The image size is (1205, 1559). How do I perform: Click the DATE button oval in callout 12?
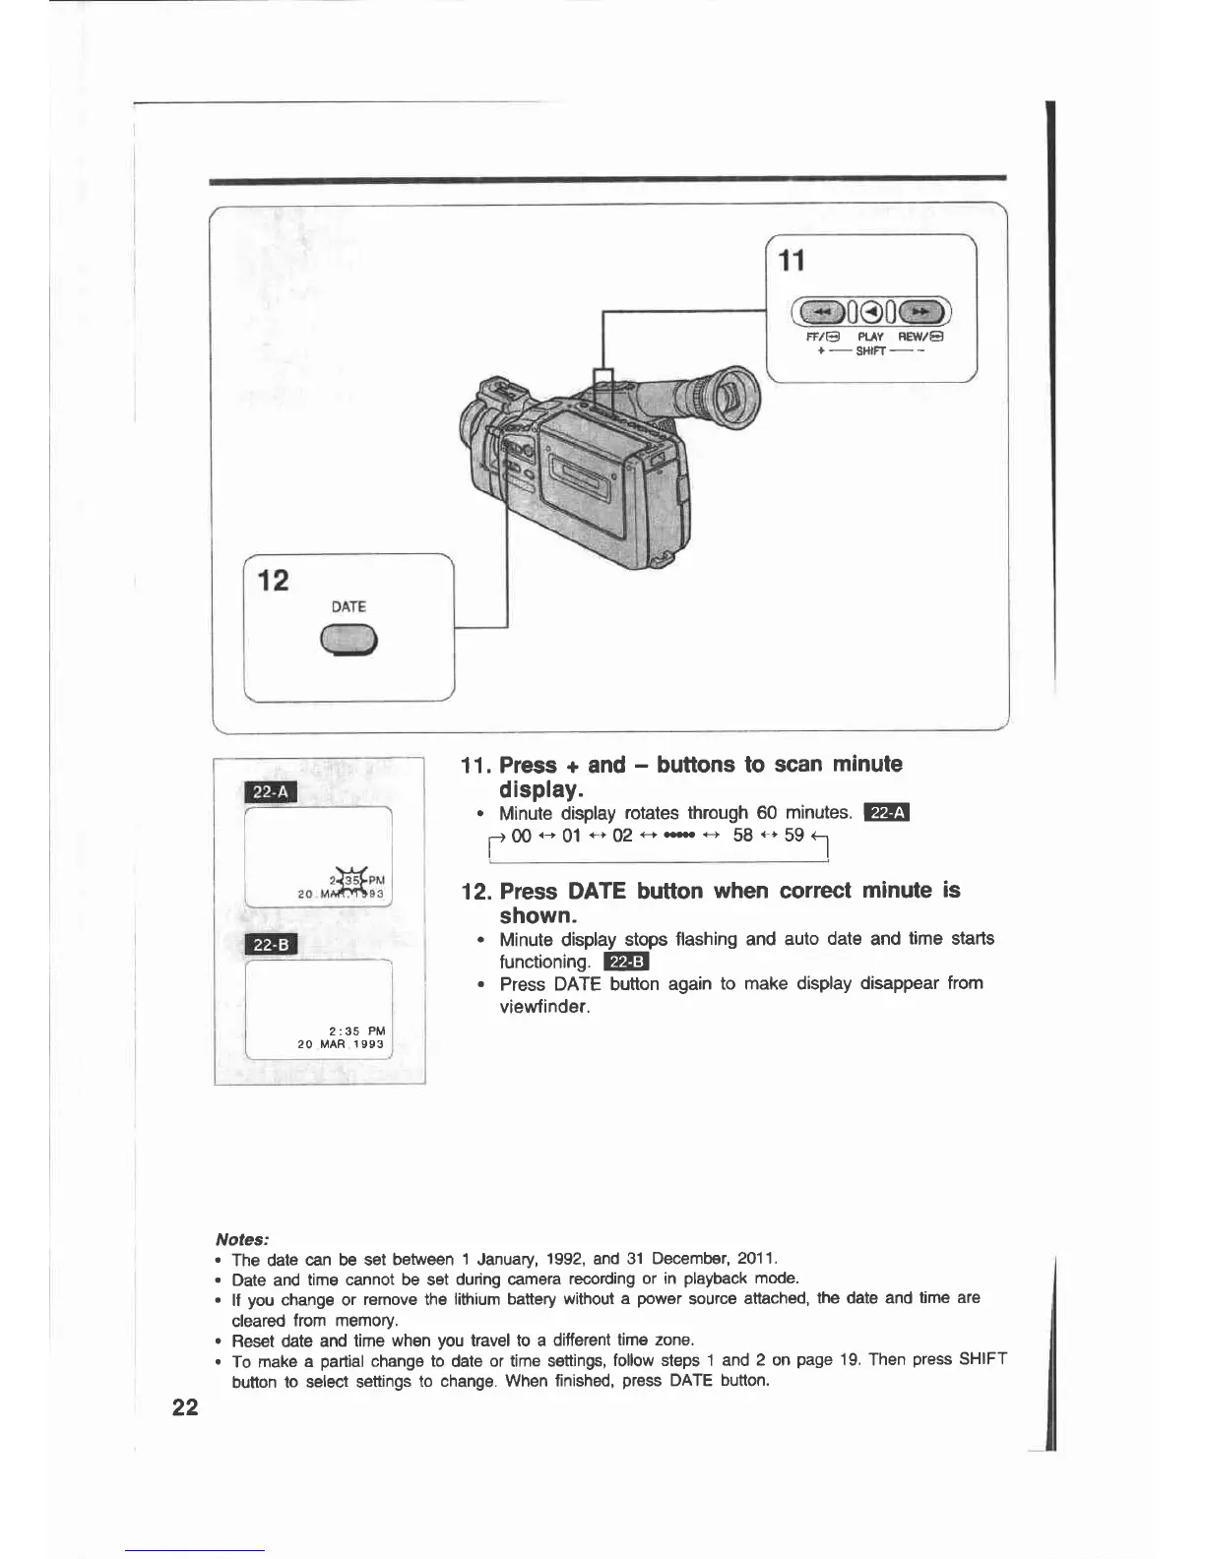pos(349,641)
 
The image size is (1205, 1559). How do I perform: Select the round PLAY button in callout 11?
pos(871,313)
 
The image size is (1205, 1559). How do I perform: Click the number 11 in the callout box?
pos(792,261)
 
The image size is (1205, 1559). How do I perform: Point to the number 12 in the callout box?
pos(274,581)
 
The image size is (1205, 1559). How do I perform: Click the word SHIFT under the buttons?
pos(870,350)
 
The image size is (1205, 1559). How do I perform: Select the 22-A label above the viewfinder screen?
pos(270,792)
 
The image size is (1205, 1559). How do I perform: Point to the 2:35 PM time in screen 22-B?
pos(356,1030)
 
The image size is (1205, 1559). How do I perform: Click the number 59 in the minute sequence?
pos(794,836)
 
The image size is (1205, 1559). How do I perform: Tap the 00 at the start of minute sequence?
pos(522,837)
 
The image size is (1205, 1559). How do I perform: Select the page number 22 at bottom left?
pos(185,1407)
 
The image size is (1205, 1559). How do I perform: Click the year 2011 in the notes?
pos(757,1259)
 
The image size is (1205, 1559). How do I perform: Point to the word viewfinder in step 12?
pos(543,1007)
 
